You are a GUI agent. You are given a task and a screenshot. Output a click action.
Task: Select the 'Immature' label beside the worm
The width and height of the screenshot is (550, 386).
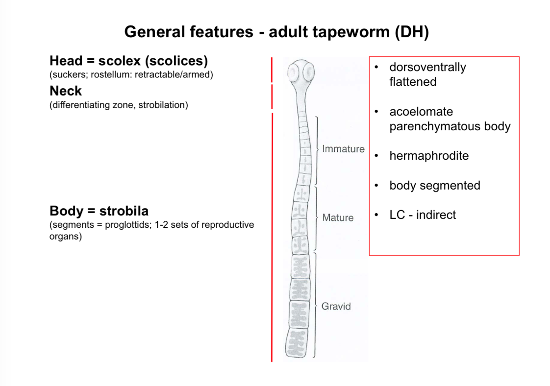tap(343, 149)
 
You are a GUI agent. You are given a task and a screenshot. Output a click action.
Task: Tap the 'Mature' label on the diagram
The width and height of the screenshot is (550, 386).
tap(338, 217)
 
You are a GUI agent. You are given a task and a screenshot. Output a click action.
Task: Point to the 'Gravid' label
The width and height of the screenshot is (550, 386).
tap(336, 306)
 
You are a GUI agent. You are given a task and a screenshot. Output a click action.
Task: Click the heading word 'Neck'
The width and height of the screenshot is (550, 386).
tap(66, 91)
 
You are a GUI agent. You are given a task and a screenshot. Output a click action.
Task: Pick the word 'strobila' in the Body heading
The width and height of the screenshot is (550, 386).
tap(124, 211)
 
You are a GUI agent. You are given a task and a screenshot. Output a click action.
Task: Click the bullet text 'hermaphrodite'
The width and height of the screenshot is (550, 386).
tap(429, 156)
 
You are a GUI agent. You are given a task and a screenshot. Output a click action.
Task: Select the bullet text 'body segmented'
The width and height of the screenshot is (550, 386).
tap(435, 185)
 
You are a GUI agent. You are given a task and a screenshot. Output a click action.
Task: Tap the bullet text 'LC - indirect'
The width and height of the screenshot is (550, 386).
tap(423, 215)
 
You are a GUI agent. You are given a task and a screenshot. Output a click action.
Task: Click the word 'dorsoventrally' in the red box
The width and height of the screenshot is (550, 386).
tap(427, 67)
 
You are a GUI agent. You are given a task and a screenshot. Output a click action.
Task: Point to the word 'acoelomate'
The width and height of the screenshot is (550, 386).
tap(421, 112)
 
